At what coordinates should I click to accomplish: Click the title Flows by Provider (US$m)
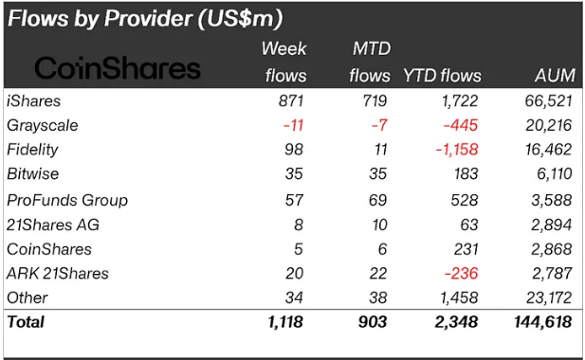145,18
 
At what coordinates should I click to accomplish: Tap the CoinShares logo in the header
118,68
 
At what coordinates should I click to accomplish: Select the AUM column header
555,76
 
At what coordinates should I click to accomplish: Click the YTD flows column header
443,76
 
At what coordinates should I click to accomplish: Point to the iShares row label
34,100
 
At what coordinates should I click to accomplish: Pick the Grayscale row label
43,125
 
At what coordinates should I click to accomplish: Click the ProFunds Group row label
67,200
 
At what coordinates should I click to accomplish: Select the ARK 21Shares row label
58,274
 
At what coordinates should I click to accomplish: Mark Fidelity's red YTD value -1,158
453,150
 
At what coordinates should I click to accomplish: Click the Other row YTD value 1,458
456,298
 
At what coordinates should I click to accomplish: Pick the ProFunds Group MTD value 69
378,200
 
